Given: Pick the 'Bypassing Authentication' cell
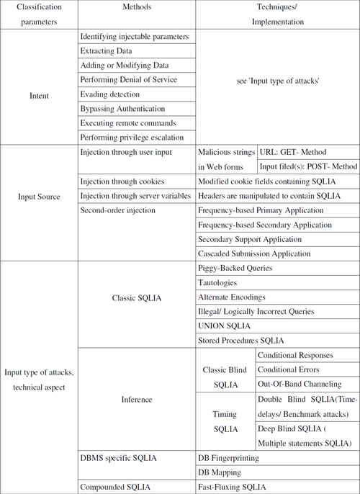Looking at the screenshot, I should [122, 109].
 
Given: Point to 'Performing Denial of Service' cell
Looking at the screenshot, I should [128, 80].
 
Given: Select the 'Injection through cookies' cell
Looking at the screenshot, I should [122, 181].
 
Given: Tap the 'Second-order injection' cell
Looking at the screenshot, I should [118, 211].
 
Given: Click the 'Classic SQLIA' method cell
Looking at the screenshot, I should [135, 297].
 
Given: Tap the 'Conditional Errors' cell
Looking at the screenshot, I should [292, 369].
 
